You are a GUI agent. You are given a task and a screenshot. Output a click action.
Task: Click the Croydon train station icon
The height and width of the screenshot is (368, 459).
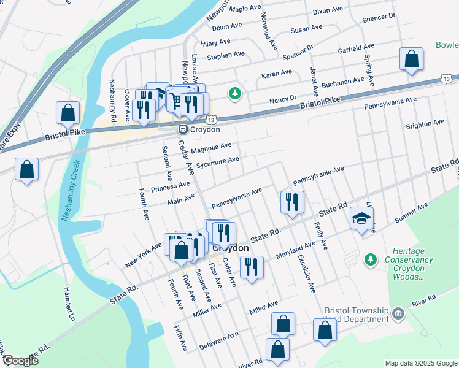pos(183,129)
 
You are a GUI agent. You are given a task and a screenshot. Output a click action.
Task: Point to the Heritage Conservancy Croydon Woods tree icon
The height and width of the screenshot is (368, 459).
pos(370,260)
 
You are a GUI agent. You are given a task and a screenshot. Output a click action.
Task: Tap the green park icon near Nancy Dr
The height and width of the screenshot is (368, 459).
pos(234,94)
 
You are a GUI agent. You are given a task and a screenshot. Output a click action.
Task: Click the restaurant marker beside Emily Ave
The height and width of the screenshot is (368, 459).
pos(292,202)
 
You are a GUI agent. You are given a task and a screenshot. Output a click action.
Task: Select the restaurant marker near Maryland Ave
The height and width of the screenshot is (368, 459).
pos(252,267)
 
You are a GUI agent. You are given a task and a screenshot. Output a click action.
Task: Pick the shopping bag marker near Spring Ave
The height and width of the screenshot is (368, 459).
pos(411,60)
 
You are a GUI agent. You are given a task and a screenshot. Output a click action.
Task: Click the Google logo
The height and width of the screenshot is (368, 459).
pos(20,361)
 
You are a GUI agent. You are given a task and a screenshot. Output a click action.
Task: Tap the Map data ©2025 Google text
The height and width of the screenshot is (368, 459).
pos(420,363)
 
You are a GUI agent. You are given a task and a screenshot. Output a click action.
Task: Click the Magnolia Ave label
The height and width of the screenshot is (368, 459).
pos(211,147)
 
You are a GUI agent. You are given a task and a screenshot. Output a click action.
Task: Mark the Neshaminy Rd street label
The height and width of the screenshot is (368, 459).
pos(112,99)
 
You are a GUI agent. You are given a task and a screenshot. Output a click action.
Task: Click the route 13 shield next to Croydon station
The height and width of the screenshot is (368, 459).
pos(210,121)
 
